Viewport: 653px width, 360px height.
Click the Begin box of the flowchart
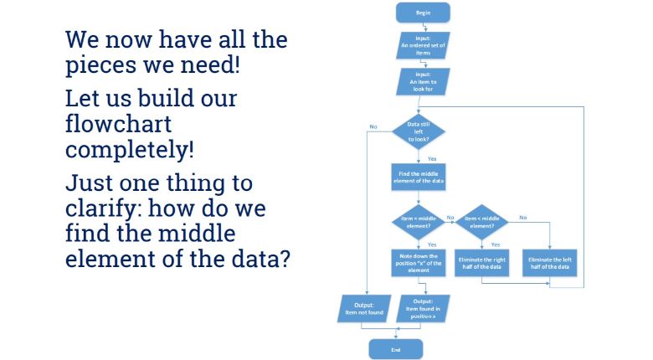(423, 13)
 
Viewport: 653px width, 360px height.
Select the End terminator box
(395, 349)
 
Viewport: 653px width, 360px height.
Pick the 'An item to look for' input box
(422, 82)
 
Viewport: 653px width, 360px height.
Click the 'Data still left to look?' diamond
(419, 132)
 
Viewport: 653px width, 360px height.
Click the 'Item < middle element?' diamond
(483, 222)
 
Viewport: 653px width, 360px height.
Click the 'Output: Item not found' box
(362, 307)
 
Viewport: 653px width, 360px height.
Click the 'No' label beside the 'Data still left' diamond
(373, 126)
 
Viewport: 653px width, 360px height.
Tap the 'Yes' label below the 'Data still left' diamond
(432, 158)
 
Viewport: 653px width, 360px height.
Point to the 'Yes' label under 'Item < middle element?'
(496, 244)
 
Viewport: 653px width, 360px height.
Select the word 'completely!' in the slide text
(131, 151)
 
